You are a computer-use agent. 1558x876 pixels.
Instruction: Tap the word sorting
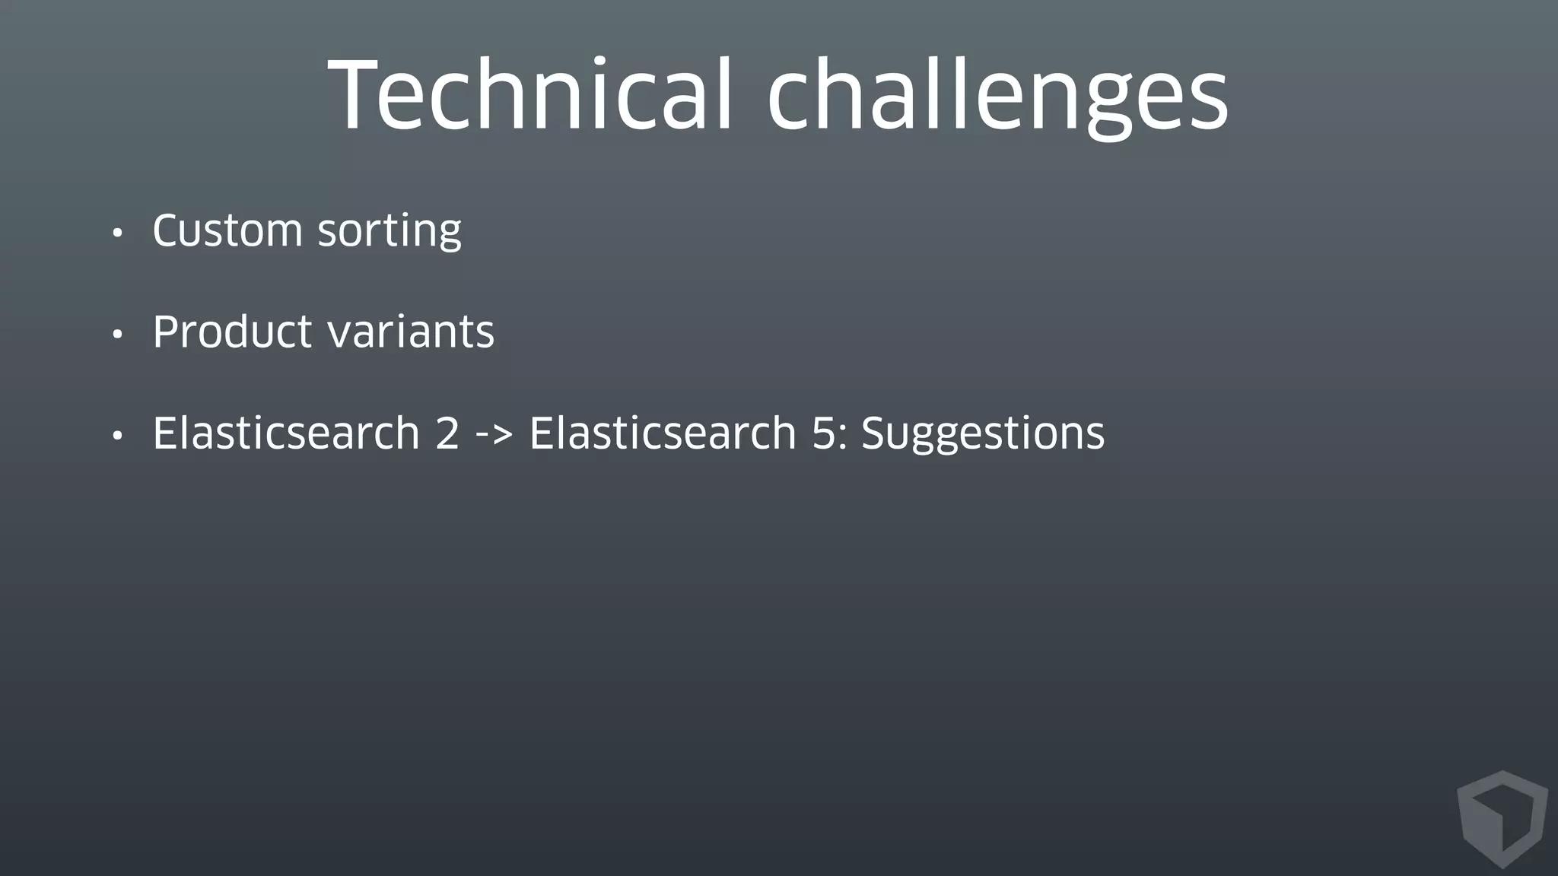[x=389, y=231]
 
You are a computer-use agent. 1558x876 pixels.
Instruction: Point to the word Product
[x=232, y=332]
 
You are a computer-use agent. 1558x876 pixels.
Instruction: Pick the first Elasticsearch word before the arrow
[x=286, y=433]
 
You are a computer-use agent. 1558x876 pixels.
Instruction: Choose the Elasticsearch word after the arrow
[x=663, y=433]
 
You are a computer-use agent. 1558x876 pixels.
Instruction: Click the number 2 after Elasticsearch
[x=447, y=433]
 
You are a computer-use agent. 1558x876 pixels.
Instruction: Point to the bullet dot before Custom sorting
[x=116, y=233]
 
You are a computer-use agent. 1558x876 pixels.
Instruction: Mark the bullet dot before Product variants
[x=116, y=335]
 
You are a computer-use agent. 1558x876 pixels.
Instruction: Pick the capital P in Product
[x=167, y=332]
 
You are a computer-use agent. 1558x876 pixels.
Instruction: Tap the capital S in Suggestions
[x=874, y=433]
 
